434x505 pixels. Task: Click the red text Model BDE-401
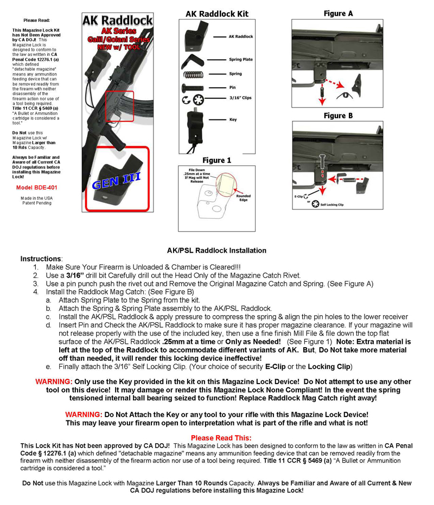coord(37,188)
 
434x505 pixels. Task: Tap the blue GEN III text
coord(116,180)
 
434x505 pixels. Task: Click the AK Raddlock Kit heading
coord(217,14)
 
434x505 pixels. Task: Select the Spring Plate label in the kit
coord(241,60)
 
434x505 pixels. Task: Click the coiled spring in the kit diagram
coord(193,75)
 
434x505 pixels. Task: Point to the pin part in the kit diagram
coord(193,88)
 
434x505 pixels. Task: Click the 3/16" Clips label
coord(240,98)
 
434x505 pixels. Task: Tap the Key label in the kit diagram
coord(233,119)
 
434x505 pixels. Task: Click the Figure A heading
coord(339,14)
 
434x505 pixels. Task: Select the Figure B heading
coord(339,116)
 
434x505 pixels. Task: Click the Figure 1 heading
coord(217,161)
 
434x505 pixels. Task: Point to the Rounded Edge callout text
coord(243,198)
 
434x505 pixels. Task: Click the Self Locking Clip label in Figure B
coord(332,204)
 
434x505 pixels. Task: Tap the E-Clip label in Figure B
coord(298,196)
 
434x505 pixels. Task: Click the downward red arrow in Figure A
coord(322,95)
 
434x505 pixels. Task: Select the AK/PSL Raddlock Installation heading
coord(216,251)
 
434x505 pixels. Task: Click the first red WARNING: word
coord(54,382)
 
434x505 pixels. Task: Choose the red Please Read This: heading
coord(221,438)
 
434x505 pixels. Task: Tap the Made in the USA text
coord(36,198)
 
